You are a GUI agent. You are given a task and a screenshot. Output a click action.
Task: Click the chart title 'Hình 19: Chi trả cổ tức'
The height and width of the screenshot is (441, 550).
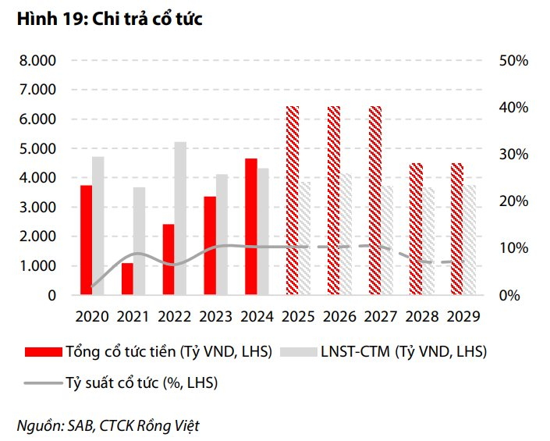point(109,20)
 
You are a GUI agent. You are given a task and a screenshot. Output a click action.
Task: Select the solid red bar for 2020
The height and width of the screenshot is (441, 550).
point(86,240)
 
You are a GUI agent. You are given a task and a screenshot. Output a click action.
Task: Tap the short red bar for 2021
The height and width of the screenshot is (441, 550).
point(127,279)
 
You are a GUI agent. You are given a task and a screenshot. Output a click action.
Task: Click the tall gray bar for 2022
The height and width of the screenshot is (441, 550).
point(180,219)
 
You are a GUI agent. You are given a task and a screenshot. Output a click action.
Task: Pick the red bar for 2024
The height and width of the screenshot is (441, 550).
point(250,226)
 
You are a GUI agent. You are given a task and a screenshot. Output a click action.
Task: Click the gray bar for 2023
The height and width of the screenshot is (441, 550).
point(222,234)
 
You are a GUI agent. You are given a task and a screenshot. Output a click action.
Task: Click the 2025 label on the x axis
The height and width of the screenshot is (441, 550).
point(298,317)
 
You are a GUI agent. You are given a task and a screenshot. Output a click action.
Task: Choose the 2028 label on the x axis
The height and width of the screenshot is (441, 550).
point(420,317)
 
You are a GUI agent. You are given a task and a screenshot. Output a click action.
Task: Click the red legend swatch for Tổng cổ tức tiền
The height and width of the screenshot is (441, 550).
point(43,352)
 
